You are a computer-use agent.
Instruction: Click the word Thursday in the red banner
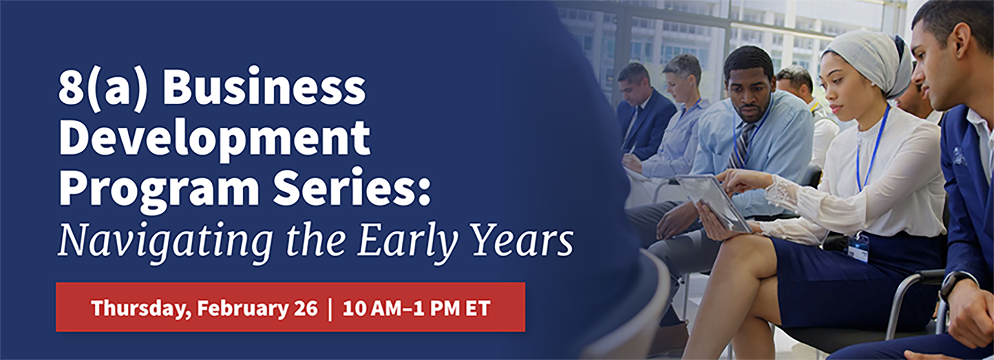pos(141,309)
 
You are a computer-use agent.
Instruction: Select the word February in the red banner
pos(242,309)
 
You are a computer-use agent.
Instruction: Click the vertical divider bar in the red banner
pos(330,309)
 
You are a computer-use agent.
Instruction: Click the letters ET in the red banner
pos(478,309)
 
